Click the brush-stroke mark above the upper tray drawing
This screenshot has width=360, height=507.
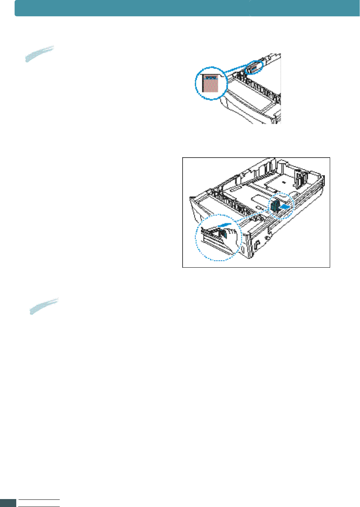coord(39,53)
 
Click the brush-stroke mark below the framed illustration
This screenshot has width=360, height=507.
coord(44,306)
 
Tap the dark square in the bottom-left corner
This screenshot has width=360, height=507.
coord(8,503)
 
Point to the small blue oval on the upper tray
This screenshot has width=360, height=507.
coord(253,67)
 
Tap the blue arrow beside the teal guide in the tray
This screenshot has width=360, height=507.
coord(287,207)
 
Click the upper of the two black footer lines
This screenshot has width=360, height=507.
coord(39,500)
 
